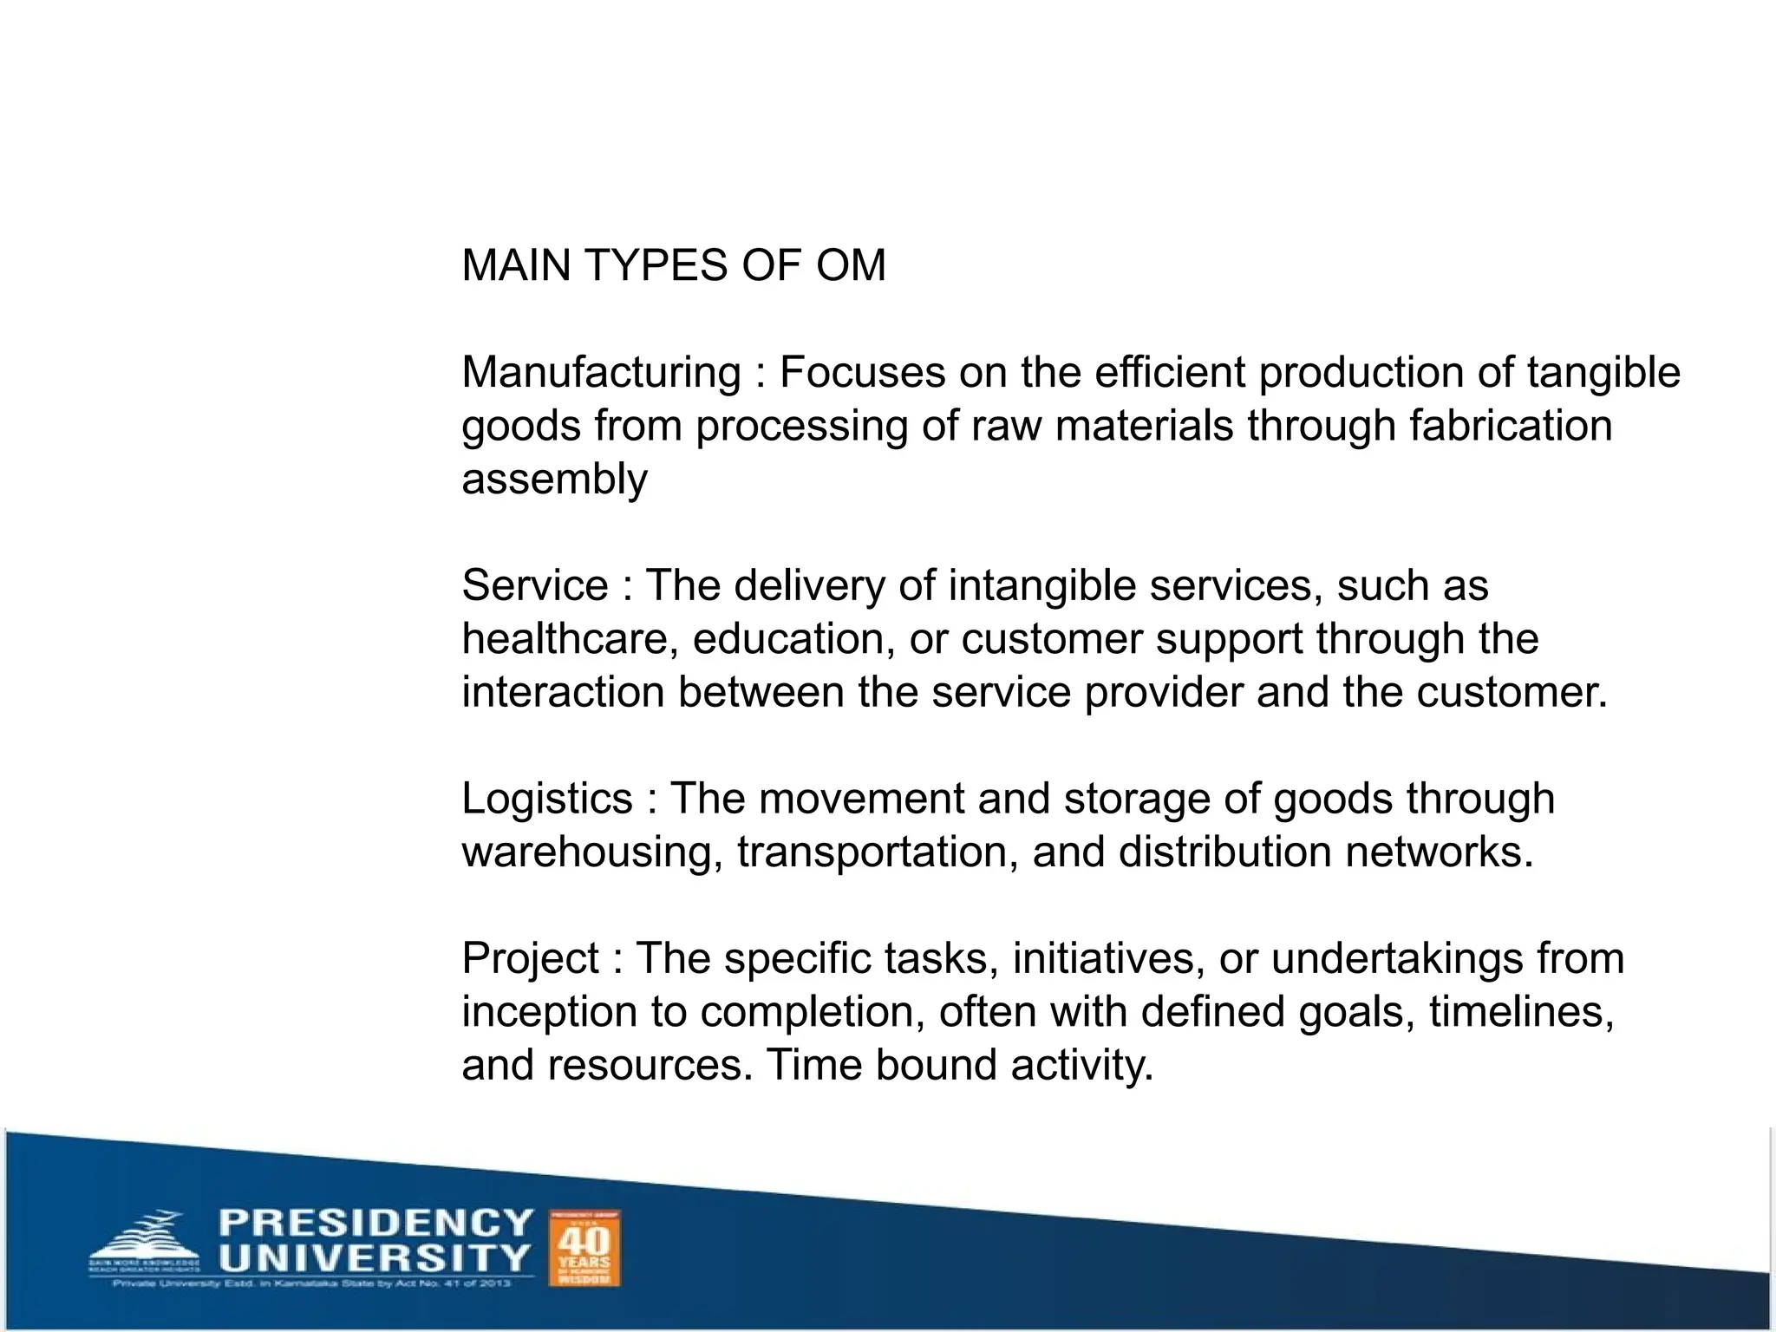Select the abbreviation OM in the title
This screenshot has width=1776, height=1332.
(851, 265)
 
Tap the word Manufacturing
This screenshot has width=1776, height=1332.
(601, 373)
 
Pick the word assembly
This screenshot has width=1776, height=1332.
(554, 480)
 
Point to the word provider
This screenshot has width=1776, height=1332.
(1164, 693)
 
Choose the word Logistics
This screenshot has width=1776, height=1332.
(547, 799)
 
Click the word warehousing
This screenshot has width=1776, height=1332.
(591, 852)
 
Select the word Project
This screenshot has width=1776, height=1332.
(531, 959)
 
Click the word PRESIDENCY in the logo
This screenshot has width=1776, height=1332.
(375, 1223)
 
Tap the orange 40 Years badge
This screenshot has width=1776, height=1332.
(585, 1248)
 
